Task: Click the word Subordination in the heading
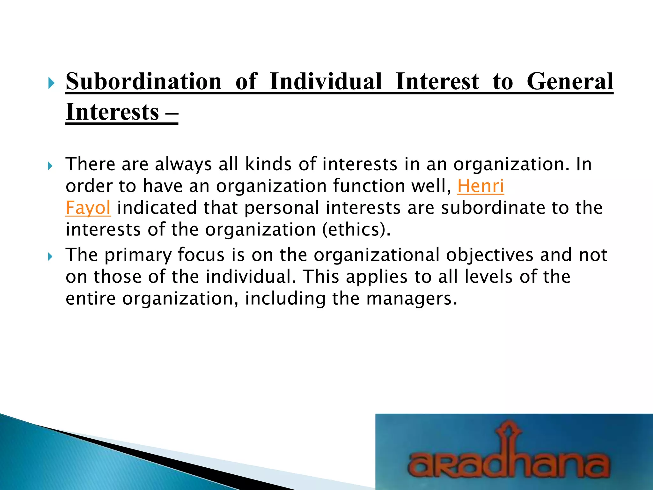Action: click(x=143, y=82)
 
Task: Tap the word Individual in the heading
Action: click(x=326, y=82)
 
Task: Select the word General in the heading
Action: click(x=570, y=82)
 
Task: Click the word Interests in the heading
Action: click(x=112, y=112)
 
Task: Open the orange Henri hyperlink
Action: click(x=481, y=186)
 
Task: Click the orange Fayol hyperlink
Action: click(x=88, y=208)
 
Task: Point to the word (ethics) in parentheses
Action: click(x=356, y=230)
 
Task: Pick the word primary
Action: click(x=138, y=255)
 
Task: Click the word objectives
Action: click(x=489, y=255)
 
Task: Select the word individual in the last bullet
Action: click(x=251, y=277)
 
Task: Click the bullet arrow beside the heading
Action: click(x=51, y=84)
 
